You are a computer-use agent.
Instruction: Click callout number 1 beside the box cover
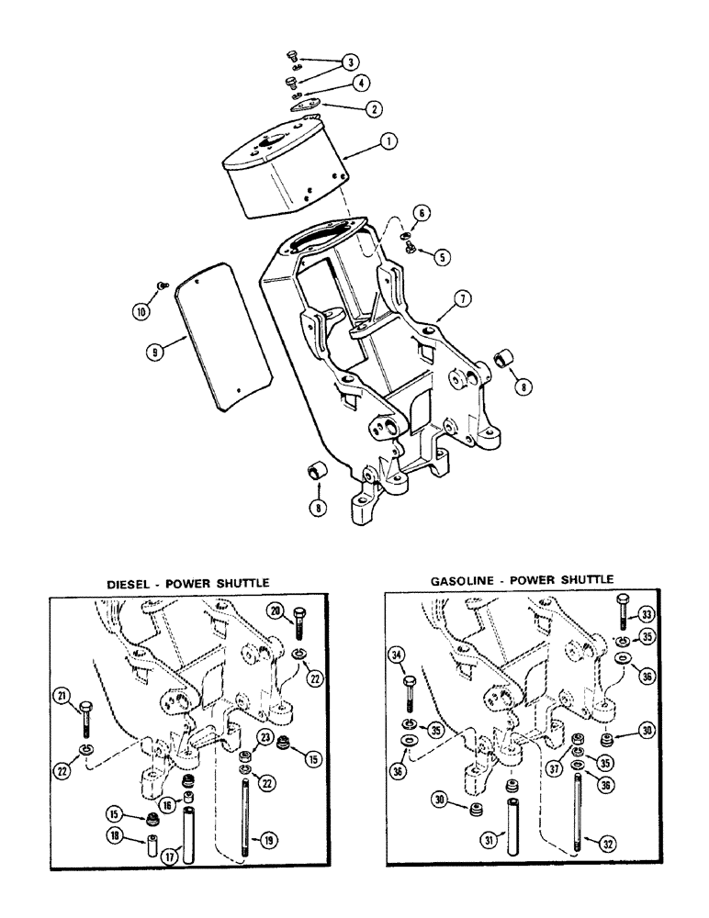(x=389, y=142)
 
